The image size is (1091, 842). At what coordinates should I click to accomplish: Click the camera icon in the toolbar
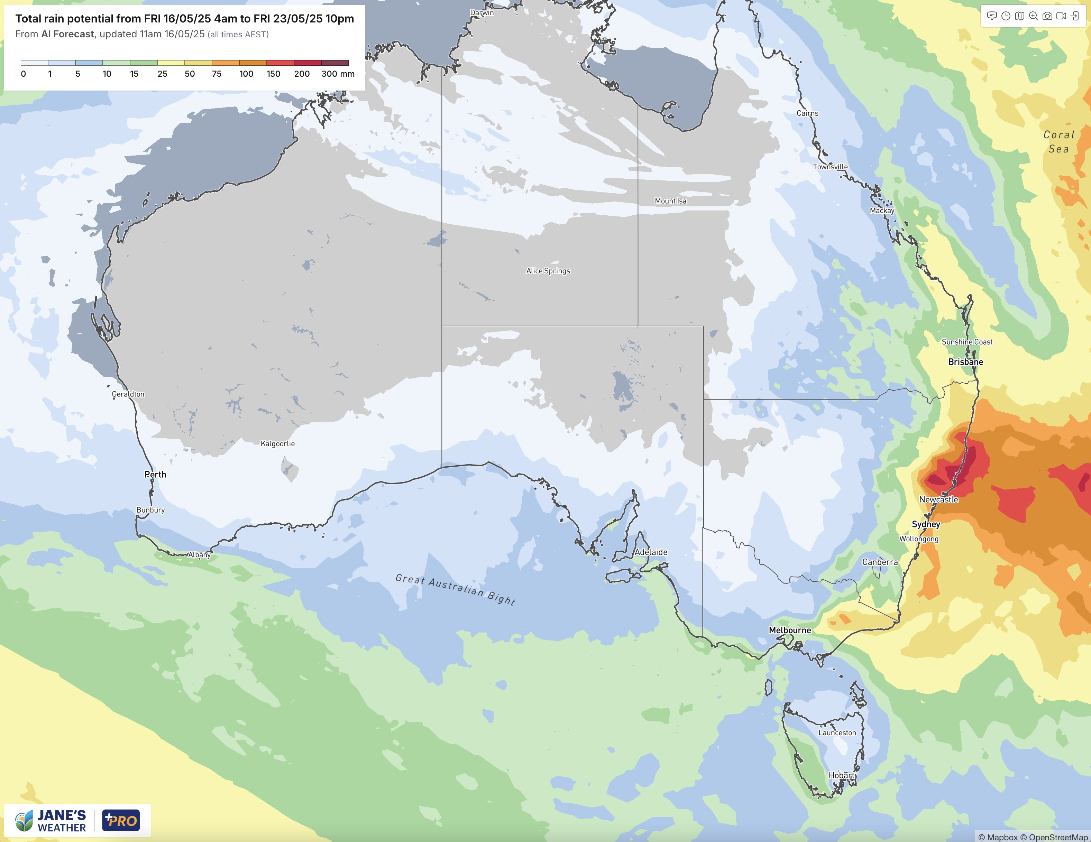coord(1047,16)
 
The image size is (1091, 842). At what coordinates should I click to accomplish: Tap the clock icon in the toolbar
coord(1006,16)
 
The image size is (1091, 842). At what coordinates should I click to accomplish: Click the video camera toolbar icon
coord(1061,16)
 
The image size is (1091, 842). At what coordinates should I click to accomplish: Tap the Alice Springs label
coord(548,271)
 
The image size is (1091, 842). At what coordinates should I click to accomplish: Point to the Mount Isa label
coord(670,200)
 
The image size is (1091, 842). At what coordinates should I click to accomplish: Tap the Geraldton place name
coord(128,394)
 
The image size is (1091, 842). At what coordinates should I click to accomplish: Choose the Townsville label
coord(830,167)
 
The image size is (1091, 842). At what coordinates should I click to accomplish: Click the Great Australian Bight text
coord(455,589)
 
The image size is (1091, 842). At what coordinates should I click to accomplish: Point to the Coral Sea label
coord(1058,142)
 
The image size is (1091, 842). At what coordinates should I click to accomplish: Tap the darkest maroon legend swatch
coord(335,63)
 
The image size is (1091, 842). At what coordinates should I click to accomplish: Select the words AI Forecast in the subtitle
coord(67,34)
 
